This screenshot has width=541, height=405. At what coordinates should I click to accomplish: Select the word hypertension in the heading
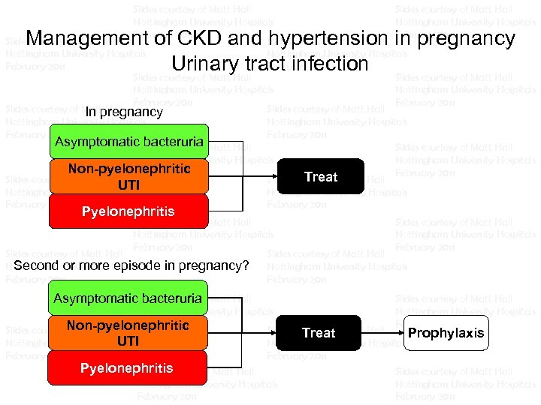click(x=309, y=38)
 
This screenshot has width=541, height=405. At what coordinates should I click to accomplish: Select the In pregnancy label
click(x=124, y=112)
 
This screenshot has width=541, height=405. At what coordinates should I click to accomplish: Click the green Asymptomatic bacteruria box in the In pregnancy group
click(x=128, y=142)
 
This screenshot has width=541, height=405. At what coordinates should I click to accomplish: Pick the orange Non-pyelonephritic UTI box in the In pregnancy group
click(x=128, y=176)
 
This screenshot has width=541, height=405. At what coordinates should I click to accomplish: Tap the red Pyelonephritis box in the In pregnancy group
click(x=128, y=211)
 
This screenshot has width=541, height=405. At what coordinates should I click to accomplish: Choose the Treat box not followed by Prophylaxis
click(x=321, y=177)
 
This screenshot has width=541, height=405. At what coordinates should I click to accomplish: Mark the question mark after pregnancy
click(x=245, y=266)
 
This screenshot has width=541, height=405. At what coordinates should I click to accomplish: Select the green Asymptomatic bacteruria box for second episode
click(x=128, y=298)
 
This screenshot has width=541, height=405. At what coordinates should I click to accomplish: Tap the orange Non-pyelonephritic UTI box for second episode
click(x=128, y=333)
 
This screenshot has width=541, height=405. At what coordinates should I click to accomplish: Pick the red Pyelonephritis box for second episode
click(x=128, y=367)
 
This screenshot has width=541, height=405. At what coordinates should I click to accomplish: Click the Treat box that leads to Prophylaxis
click(x=319, y=333)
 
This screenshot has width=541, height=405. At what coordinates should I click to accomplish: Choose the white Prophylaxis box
click(x=446, y=333)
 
